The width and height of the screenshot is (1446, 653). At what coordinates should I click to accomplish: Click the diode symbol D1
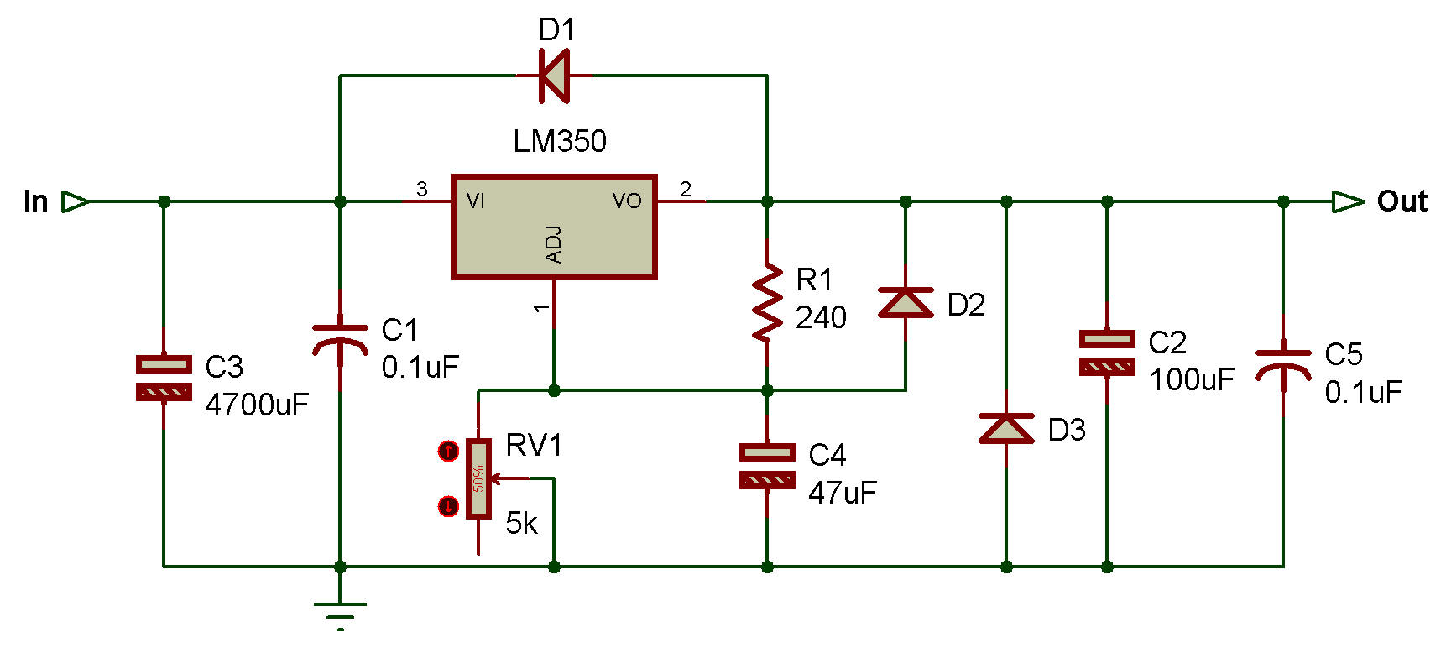tap(554, 76)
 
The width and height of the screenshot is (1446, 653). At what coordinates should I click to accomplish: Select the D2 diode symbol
tap(906, 302)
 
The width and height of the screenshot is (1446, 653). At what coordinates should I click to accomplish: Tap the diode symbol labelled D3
tap(1006, 428)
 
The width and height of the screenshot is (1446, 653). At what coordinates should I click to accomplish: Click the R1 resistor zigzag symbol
tap(766, 302)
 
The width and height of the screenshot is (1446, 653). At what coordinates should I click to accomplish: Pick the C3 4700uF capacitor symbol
tap(164, 378)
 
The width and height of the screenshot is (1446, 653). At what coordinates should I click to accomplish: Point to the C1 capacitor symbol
tap(340, 340)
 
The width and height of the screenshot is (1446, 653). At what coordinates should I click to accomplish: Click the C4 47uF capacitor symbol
tap(767, 466)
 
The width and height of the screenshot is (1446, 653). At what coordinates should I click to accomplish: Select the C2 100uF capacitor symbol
tap(1107, 353)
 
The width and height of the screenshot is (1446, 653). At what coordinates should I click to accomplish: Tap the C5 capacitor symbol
tap(1283, 365)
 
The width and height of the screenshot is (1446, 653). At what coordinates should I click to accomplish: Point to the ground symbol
tap(340, 613)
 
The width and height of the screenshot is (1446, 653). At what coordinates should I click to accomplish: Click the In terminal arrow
tap(76, 202)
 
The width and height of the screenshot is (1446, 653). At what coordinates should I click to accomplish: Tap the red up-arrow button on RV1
tap(449, 452)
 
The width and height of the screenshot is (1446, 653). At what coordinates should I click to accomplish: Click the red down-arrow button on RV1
tap(449, 506)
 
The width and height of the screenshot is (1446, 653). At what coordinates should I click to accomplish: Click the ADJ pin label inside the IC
tap(554, 245)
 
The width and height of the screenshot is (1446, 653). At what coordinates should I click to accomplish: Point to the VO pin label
tap(627, 201)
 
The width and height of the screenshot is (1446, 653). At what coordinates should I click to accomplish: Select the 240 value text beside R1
tap(821, 318)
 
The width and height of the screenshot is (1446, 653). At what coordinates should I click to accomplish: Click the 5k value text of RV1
tap(521, 524)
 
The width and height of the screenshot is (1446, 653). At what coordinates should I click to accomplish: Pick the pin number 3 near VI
tap(422, 190)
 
